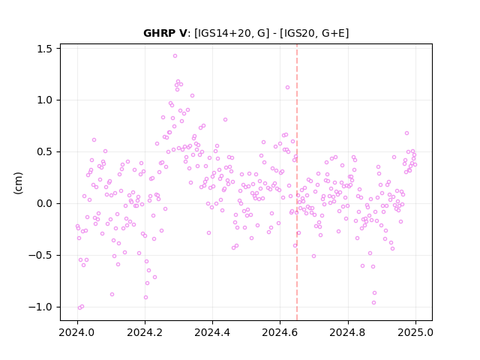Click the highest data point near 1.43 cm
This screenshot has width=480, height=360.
coord(175,56)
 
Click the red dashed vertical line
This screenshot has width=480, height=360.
coord(297,182)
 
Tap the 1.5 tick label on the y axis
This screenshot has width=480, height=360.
coord(45,49)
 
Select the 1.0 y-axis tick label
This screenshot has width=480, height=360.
coord(45,100)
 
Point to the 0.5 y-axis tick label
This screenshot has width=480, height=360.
coord(45,151)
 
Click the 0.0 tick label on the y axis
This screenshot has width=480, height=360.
coord(45,203)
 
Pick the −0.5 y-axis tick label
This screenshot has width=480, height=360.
coord(40,255)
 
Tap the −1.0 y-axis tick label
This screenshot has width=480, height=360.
coord(40,307)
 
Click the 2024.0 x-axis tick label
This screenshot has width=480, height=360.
coord(77,332)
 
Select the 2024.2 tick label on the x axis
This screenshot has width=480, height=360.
coord(145,332)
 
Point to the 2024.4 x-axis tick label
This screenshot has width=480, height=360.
coord(212,332)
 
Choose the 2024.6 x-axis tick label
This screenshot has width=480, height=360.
coord(280,332)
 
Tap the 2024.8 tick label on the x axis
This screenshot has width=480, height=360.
coord(348,332)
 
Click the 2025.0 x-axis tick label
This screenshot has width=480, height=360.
coord(415,332)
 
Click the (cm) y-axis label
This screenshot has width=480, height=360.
coord(18,183)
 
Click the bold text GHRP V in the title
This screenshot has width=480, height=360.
coord(165,33)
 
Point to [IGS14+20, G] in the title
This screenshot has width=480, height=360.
coord(232,33)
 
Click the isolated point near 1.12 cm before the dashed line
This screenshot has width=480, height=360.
coord(287,88)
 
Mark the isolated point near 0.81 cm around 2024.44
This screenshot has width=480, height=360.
coord(225,120)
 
